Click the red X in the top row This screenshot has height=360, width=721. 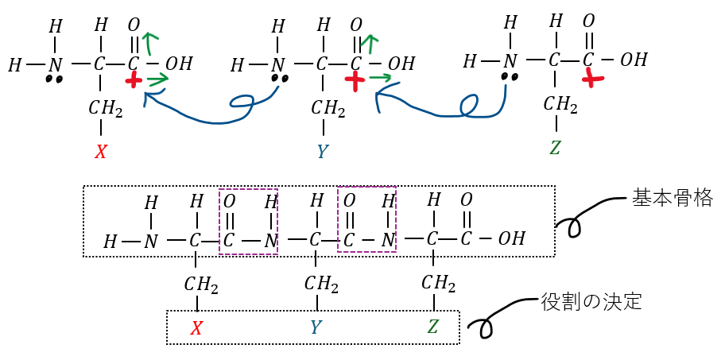coord(100,152)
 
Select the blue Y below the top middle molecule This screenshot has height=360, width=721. coord(322,152)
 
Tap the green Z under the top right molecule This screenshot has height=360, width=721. coord(556,147)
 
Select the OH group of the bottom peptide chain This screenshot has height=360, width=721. coord(512,238)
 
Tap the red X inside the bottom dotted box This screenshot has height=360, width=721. coord(197,327)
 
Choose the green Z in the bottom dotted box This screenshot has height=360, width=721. coord(433,327)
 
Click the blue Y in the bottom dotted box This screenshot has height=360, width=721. coord(316,327)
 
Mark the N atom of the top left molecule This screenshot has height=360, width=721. coord(54,64)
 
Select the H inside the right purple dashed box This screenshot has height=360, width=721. coord(387,201)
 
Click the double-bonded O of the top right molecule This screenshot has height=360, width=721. coord(588,21)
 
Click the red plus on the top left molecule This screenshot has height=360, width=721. coord(134,79)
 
